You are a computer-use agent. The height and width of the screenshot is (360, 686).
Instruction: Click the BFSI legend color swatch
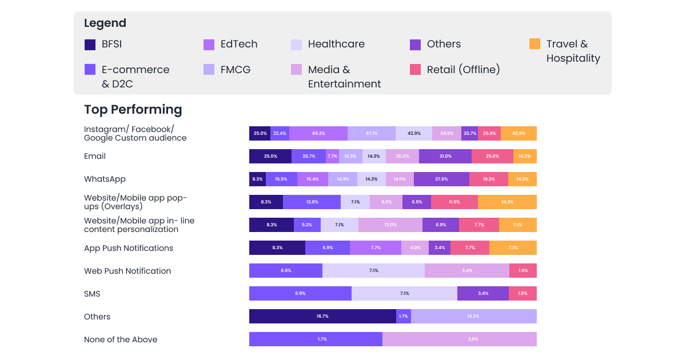(90, 44)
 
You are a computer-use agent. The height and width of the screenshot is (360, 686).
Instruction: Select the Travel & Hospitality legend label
(573, 51)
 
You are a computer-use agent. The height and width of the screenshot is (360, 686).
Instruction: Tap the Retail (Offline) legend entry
(463, 70)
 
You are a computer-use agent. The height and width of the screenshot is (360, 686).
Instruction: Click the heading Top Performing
(133, 109)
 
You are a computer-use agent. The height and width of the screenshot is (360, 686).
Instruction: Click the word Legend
(105, 23)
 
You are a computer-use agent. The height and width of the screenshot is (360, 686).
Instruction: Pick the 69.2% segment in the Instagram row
(318, 133)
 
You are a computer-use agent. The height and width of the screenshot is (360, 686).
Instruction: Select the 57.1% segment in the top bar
(372, 133)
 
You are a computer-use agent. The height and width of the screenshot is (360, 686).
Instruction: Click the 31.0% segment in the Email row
(445, 156)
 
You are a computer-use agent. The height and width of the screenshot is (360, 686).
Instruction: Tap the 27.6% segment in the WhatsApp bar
(441, 179)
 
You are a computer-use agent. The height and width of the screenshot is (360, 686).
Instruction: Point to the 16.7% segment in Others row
(322, 316)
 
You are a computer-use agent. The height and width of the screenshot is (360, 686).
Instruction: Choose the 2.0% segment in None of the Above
(459, 339)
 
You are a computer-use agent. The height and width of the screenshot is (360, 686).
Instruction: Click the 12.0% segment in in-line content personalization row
(390, 225)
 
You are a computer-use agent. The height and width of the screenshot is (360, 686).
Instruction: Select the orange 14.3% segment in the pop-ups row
(507, 202)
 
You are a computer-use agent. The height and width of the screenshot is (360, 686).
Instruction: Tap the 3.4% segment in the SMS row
(482, 293)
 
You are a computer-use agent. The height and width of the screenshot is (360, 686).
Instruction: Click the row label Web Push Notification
(127, 271)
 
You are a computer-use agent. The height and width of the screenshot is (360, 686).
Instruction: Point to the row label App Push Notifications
(128, 248)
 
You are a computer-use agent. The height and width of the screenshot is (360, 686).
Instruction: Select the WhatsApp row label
(105, 179)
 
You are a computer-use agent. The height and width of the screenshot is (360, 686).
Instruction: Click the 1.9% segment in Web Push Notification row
(523, 270)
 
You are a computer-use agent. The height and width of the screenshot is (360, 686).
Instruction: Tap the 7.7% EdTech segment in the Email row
(332, 156)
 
